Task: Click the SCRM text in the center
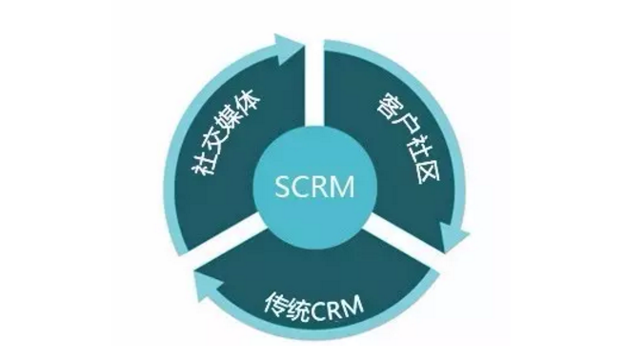pos(314,187)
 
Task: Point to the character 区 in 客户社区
pos(426,171)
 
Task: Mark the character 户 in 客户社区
pos(400,127)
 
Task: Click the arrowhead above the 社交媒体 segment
pos(288,49)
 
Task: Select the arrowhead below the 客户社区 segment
pos(454,237)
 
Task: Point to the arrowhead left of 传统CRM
pos(208,284)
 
